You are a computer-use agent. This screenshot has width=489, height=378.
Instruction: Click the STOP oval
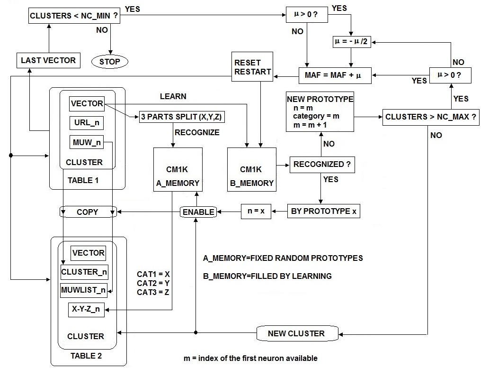[x=110, y=61]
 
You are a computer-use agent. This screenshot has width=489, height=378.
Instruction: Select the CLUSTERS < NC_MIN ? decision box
[x=74, y=16]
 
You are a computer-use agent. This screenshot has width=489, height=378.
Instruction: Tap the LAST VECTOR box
[x=48, y=60]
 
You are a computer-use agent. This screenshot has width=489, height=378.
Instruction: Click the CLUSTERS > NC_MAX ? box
[x=431, y=117]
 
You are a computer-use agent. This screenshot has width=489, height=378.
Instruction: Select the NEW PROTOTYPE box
[x=320, y=112]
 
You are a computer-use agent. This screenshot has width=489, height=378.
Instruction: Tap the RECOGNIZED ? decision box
[x=322, y=165]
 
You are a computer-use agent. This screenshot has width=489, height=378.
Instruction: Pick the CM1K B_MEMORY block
[x=251, y=169]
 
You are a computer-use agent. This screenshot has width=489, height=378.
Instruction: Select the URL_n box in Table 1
[x=86, y=123]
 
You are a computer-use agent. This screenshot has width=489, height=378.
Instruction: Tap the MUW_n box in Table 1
[x=86, y=142]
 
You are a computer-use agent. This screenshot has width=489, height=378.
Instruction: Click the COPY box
[x=88, y=212]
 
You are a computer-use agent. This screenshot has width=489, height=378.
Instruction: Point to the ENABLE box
[x=198, y=212]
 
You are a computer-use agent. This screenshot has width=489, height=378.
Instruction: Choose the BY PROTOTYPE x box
[x=323, y=211]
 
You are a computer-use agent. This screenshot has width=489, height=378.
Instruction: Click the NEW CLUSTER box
[x=296, y=333]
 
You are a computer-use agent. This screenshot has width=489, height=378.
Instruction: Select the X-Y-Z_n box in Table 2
[x=86, y=310]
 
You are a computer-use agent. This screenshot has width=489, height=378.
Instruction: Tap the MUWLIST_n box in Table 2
[x=84, y=290]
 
